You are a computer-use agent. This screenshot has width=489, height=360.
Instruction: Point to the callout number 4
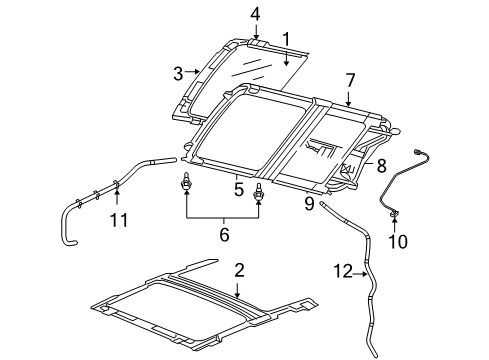(255, 13)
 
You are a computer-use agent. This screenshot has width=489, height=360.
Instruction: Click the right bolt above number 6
(260, 192)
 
